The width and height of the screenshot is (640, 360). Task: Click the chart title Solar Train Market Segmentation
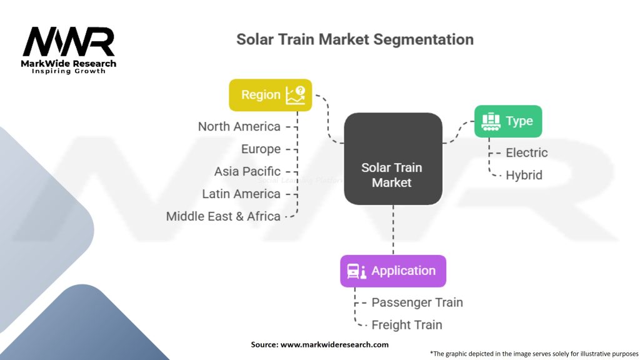click(354, 39)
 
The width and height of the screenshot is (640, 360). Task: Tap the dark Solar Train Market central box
click(392, 159)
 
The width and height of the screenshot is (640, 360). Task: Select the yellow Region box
click(270, 95)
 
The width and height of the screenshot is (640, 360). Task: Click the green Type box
click(507, 121)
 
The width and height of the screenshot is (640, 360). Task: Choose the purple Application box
click(392, 271)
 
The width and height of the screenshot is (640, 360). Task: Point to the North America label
click(239, 126)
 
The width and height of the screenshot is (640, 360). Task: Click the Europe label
click(261, 149)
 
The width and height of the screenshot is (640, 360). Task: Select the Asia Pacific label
click(247, 171)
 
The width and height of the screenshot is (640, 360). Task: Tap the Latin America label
click(241, 194)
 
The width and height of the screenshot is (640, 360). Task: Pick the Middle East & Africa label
click(223, 216)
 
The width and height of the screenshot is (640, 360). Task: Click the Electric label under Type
click(526, 152)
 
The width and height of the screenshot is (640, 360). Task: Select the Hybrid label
click(524, 175)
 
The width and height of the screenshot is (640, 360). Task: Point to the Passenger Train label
click(417, 302)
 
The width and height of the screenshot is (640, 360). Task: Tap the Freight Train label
click(406, 325)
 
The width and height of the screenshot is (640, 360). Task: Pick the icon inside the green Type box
click(491, 121)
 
